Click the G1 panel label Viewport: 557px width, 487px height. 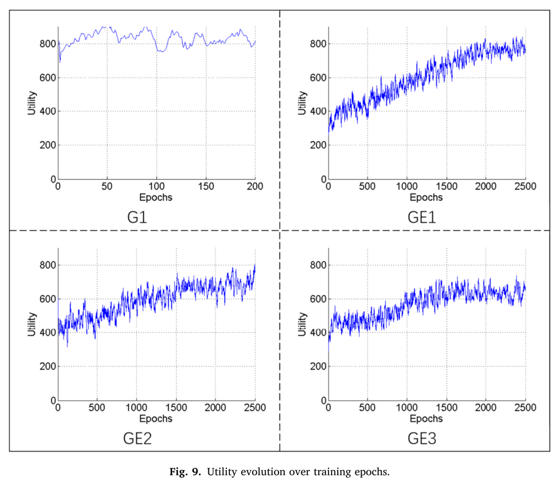[x=137, y=217]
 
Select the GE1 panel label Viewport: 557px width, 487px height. [x=422, y=217]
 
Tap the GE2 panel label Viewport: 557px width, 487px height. [x=137, y=439]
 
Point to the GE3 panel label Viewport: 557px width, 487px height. [x=422, y=439]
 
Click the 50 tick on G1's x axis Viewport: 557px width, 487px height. [x=107, y=187]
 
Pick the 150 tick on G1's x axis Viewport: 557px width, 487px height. [x=206, y=187]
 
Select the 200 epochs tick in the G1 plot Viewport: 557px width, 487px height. [x=255, y=187]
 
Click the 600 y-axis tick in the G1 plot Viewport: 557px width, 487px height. [x=48, y=78]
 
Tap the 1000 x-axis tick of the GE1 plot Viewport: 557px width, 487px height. [x=407, y=187]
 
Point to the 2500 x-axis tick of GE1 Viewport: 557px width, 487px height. [x=526, y=187]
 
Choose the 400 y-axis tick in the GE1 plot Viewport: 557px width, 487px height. [x=318, y=111]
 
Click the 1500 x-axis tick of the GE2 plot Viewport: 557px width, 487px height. [x=176, y=408]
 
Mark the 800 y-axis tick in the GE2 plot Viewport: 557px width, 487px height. [x=48, y=265]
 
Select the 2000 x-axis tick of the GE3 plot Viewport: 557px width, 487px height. [x=486, y=408]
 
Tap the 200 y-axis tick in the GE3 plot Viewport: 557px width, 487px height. [x=318, y=366]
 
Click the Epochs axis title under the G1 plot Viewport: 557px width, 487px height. [x=156, y=198]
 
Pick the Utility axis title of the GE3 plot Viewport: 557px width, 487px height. [x=302, y=324]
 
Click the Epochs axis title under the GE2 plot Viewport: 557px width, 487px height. [x=156, y=419]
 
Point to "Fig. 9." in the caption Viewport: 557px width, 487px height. [x=185, y=472]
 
